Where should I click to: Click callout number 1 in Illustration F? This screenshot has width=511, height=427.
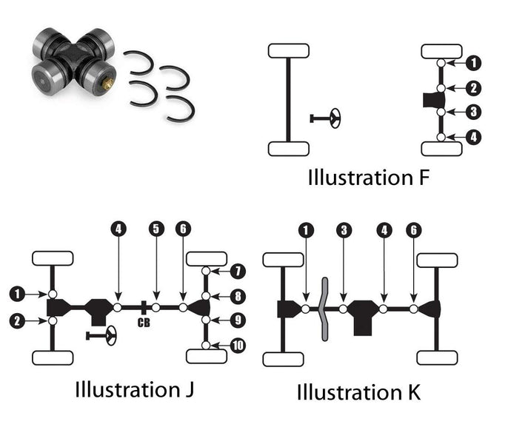tap(475, 64)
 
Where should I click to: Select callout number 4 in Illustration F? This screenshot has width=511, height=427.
tap(475, 136)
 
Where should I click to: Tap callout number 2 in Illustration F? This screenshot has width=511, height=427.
tap(475, 88)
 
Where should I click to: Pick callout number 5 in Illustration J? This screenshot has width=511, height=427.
tap(156, 229)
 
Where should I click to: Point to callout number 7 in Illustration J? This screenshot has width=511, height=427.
tap(238, 271)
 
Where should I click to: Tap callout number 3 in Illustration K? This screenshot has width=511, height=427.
tap(343, 230)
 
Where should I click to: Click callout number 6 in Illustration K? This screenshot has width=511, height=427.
tap(413, 230)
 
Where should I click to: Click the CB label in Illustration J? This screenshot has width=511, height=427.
tap(144, 322)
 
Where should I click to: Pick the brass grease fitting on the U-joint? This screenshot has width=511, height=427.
tap(107, 84)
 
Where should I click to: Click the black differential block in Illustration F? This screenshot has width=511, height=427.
tap(431, 100)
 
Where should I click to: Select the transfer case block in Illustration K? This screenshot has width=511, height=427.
tap(363, 315)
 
